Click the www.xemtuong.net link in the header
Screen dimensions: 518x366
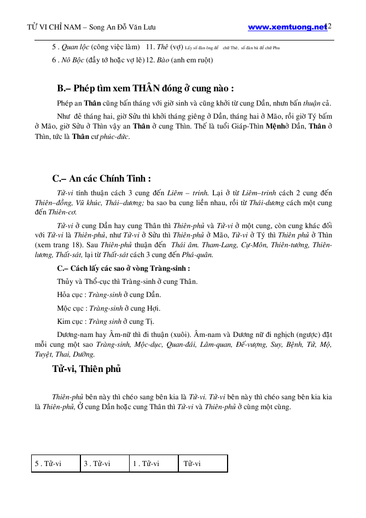(x=287, y=27)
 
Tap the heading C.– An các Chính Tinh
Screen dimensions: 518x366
(x=101, y=178)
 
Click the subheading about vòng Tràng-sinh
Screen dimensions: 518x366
(x=124, y=269)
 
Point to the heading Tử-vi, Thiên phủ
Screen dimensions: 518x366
(x=86, y=369)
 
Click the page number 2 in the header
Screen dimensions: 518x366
(x=330, y=26)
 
